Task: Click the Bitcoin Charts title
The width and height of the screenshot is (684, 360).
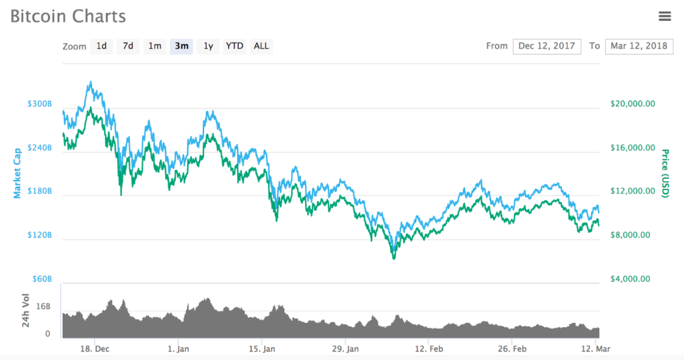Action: click(68, 16)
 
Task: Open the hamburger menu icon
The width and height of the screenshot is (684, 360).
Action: click(664, 16)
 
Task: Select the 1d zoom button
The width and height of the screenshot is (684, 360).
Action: click(101, 46)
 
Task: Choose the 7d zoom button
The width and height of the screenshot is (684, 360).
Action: click(128, 46)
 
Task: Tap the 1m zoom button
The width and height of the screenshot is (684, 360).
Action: click(155, 46)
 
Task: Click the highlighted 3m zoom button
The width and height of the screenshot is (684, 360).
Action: click(182, 46)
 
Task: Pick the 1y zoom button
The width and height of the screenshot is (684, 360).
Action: click(208, 46)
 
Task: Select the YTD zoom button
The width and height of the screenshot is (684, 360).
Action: click(234, 46)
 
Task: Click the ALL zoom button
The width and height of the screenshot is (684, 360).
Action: click(261, 46)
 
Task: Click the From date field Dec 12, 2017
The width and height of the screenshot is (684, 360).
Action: click(547, 46)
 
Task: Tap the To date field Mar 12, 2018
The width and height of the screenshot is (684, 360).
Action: click(639, 46)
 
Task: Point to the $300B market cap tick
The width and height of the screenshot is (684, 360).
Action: click(39, 104)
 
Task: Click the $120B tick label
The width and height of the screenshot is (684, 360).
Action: click(39, 235)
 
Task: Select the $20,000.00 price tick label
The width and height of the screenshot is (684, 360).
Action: click(632, 104)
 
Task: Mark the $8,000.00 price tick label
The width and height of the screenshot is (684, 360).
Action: click(630, 235)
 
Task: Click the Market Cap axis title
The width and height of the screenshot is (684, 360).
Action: click(17, 173)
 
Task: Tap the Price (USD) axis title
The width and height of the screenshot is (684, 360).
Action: click(665, 173)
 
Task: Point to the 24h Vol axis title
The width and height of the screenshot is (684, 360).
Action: click(25, 310)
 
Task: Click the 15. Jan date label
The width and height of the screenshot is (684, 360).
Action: click(262, 349)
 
